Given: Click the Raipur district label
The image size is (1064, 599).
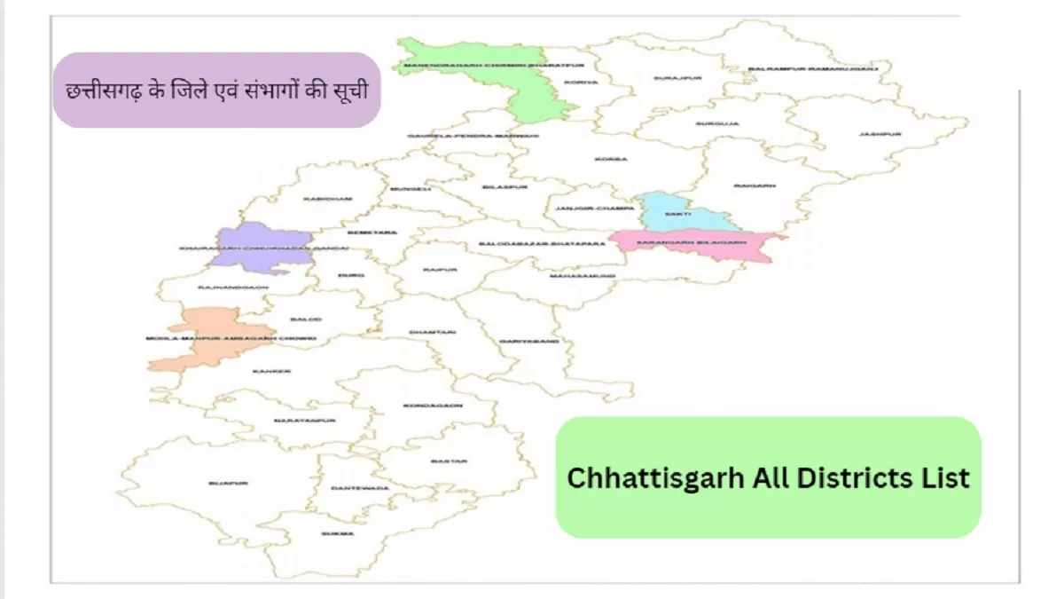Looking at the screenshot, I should pyautogui.click(x=440, y=269).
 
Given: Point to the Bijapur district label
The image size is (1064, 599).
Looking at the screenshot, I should pyautogui.click(x=223, y=483).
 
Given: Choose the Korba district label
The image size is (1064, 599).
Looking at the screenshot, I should pyautogui.click(x=613, y=160).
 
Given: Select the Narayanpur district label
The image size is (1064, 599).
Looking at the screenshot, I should pyautogui.click(x=293, y=420).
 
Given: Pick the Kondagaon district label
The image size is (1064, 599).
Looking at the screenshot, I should pyautogui.click(x=421, y=405).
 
